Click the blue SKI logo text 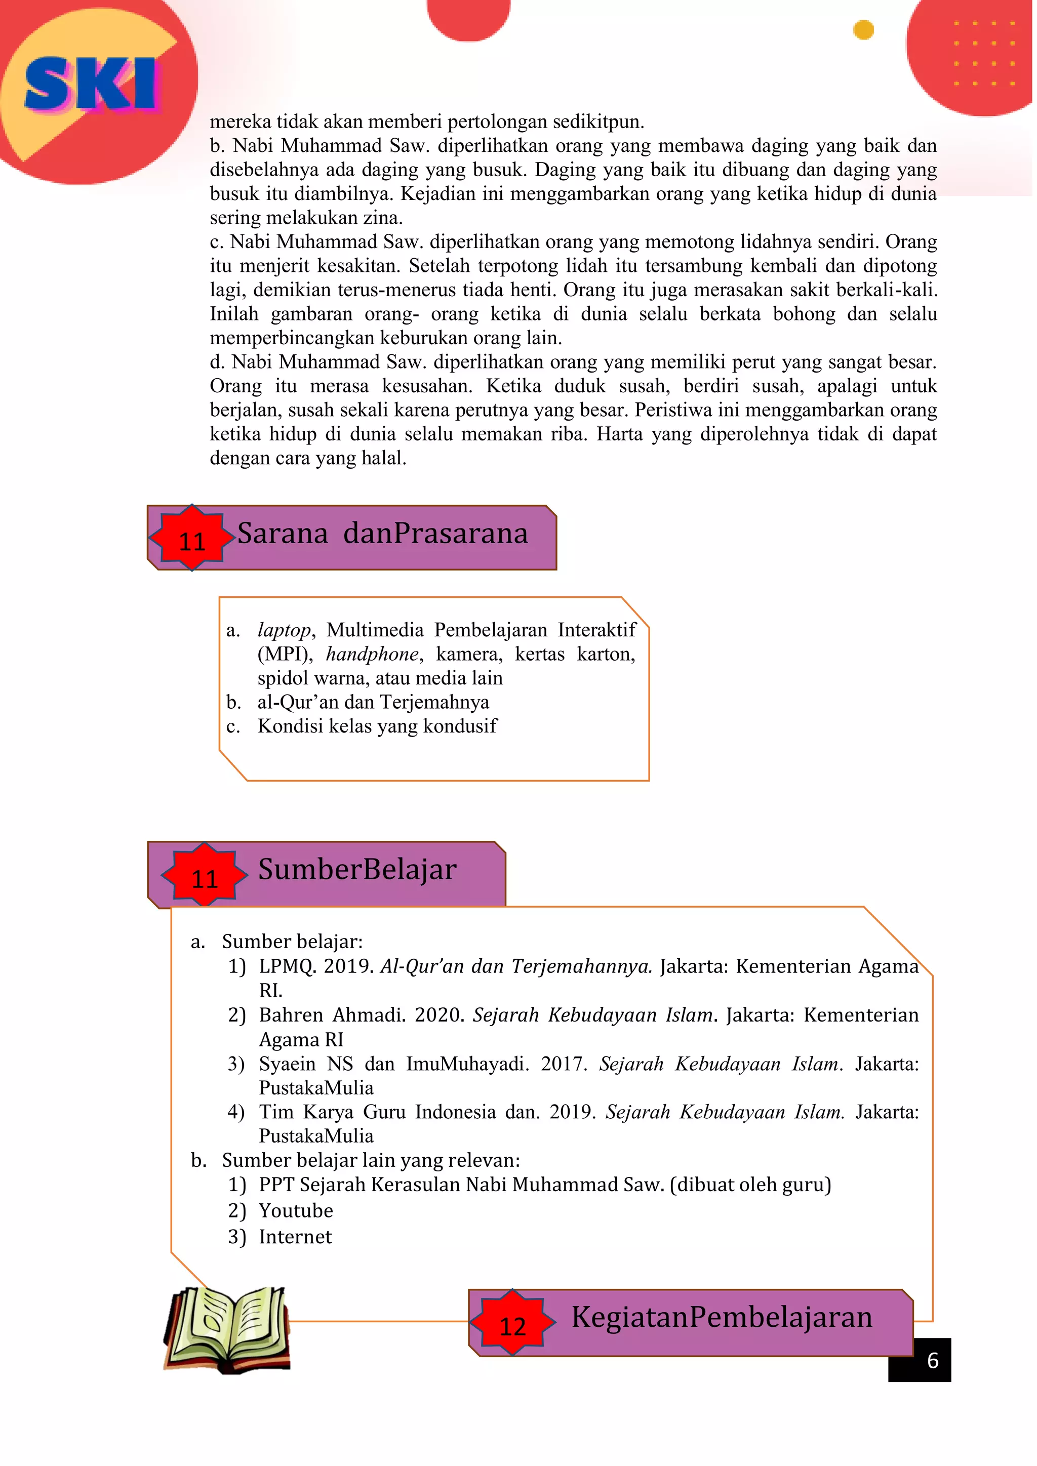(90, 83)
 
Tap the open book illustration (227, 1329)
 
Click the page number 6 (932, 1360)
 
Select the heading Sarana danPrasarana (382, 533)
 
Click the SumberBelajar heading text (357, 869)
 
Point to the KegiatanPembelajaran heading (721, 1317)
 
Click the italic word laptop (284, 630)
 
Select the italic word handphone (372, 655)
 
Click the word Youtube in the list (296, 1210)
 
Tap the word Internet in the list (295, 1237)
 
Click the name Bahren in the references (291, 1014)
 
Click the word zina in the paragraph (382, 218)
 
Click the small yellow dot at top (863, 30)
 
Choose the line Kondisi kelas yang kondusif (377, 726)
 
